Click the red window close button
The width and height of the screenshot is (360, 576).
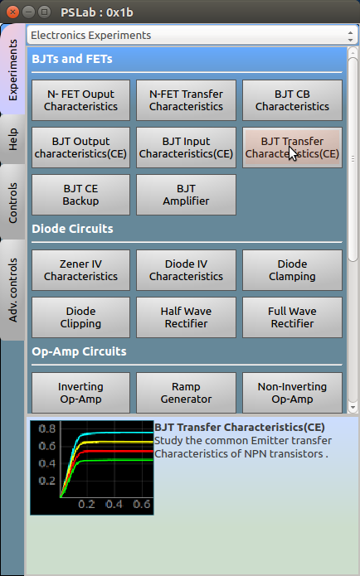[x=13, y=12]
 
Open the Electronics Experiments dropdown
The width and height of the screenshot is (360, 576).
[x=192, y=36]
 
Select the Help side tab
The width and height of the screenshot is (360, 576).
[x=12, y=139]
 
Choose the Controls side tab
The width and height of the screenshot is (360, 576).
[x=12, y=202]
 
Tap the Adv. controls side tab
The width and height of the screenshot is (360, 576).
[x=12, y=290]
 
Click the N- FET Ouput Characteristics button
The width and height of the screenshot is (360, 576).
[x=81, y=100]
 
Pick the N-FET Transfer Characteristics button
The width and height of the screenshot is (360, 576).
[x=186, y=100]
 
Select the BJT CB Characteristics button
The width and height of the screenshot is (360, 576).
[x=292, y=100]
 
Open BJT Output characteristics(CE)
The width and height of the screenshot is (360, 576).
[x=81, y=148]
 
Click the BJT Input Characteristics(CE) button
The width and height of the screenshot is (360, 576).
[x=186, y=148]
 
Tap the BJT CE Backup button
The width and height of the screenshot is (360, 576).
[x=81, y=195]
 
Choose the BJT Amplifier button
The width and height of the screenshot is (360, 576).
[x=186, y=195]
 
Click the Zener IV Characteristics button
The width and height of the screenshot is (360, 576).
[x=81, y=270]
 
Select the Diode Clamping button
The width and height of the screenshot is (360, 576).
[x=292, y=270]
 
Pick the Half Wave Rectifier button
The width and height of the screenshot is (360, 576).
[x=186, y=317]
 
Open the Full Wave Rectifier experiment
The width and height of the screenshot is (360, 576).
[x=292, y=317]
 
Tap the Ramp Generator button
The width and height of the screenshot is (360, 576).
[x=186, y=393]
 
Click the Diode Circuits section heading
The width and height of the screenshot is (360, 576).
[x=72, y=229]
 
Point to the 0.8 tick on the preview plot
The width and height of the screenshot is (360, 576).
[x=47, y=428]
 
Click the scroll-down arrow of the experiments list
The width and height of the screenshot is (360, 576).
[x=353, y=408]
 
